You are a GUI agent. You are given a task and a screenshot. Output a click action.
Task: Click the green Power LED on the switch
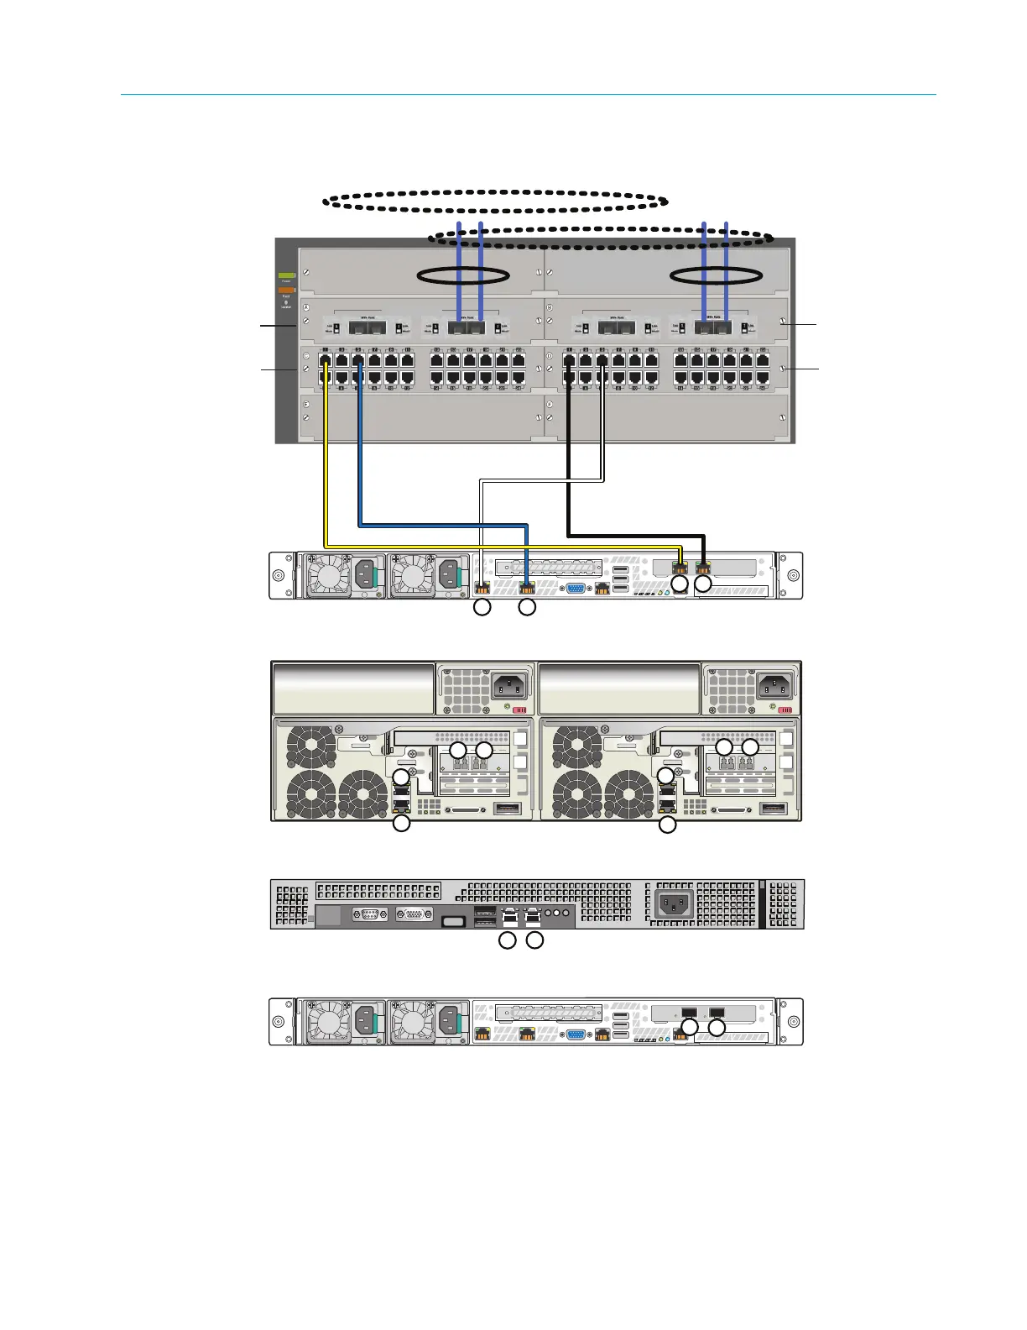286,275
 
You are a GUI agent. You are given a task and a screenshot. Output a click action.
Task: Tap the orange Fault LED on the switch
286,291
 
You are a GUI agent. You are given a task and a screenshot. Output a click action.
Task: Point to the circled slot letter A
306,308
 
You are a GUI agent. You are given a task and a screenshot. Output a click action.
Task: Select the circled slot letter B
550,308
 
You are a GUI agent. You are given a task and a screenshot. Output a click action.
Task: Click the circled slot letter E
306,405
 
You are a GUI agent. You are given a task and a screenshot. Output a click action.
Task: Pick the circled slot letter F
550,405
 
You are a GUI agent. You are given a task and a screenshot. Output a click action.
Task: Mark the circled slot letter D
550,356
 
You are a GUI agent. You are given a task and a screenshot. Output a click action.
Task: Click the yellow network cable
326,470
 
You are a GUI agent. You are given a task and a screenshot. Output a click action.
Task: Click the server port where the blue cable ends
527,588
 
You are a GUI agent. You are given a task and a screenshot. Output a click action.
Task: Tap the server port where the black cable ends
704,568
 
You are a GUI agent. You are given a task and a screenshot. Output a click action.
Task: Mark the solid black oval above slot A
462,275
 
